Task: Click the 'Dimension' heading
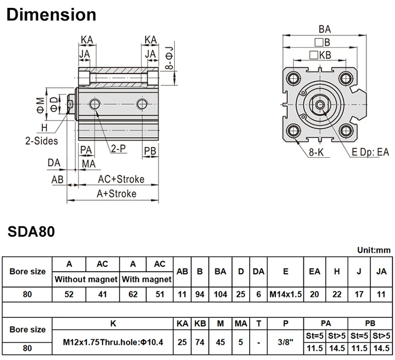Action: coord(51,14)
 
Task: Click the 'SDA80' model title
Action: coord(31,231)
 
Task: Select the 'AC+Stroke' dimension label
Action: coord(121,179)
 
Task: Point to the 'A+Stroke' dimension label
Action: coord(116,193)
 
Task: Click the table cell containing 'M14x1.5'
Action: coord(285,294)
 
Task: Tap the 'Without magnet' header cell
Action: coord(86,279)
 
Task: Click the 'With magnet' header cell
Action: coord(146,279)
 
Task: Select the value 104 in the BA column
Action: coord(220,294)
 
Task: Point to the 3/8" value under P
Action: coord(285,342)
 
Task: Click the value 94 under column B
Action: coord(200,294)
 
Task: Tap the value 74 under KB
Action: coord(200,342)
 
